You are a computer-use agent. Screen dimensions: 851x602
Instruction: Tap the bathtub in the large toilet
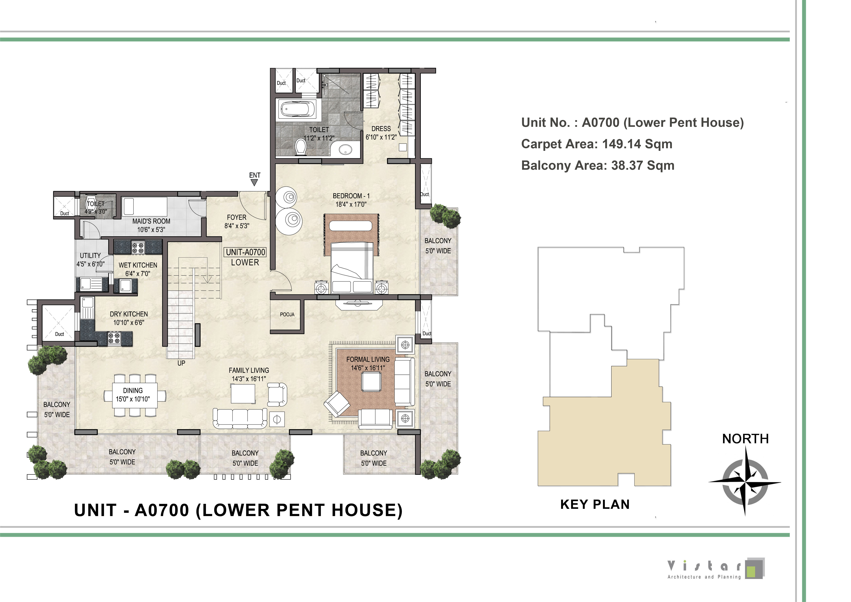pos(297,109)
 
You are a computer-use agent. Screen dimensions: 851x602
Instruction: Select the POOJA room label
pos(287,314)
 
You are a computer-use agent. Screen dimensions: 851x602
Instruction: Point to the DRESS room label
pos(381,129)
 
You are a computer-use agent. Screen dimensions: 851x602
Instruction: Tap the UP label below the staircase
pos(181,363)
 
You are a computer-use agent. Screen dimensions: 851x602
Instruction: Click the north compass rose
pos(745,481)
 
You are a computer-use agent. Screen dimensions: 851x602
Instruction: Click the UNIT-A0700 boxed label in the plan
pos(245,252)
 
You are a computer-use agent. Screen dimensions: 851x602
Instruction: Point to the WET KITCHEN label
pos(138,265)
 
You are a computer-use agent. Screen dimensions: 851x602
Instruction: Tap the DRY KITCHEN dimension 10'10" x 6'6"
pos(129,322)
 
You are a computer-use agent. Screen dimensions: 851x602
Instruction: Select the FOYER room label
pos(237,217)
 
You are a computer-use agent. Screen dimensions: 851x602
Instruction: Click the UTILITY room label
pos(90,255)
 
